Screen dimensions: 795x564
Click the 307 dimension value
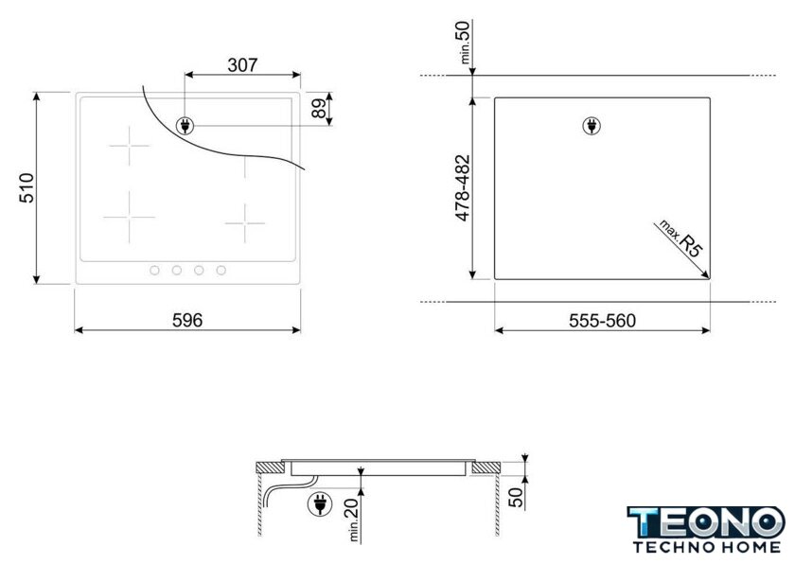point(242,65)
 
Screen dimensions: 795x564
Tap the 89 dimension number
point(318,108)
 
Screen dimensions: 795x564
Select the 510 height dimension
point(26,188)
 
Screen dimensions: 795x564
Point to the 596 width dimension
point(187,320)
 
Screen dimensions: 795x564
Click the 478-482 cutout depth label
point(463,188)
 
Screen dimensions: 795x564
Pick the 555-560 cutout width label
point(602,321)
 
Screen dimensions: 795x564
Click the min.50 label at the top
point(465,42)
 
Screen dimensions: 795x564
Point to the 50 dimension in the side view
point(516,497)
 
